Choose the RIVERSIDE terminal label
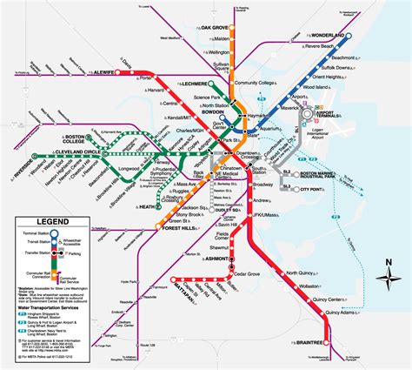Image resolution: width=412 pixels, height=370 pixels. [19, 163]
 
